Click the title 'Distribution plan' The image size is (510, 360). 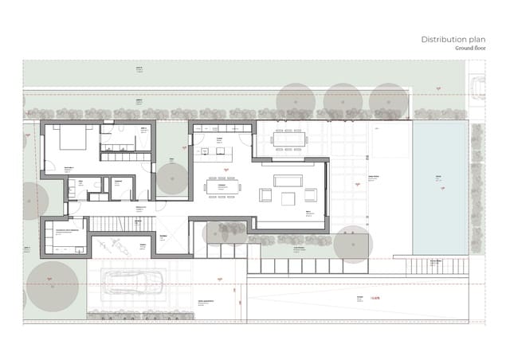coord(449,39)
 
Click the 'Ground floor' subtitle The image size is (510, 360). coord(465,49)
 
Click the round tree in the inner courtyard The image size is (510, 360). coord(171,180)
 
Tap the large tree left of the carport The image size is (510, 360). coord(53,284)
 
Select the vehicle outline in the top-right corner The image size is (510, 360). coord(478,85)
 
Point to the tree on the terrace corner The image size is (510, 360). coord(351,244)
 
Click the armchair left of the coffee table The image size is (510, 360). coord(265,195)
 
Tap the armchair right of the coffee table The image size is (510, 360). coord(309,195)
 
